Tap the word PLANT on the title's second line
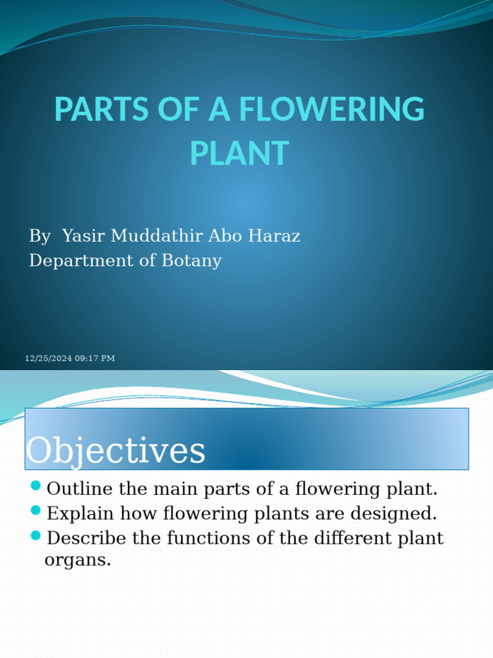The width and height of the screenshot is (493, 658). pyautogui.click(x=239, y=153)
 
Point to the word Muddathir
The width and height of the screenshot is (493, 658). pyautogui.click(x=157, y=236)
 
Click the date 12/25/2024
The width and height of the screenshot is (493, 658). pyautogui.click(x=48, y=359)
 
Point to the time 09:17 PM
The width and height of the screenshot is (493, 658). pyautogui.click(x=95, y=359)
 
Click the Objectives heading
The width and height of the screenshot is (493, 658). pyautogui.click(x=116, y=450)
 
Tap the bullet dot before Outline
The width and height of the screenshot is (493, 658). pyautogui.click(x=35, y=485)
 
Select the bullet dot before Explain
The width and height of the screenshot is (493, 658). pyautogui.click(x=35, y=510)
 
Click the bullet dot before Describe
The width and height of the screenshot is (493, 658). pyautogui.click(x=35, y=535)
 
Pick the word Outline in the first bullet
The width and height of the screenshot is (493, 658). pyautogui.click(x=80, y=489)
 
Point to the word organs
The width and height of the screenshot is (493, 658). pyautogui.click(x=77, y=560)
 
